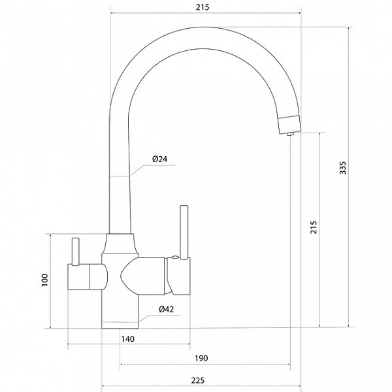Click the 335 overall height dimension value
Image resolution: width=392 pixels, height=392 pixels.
tap(343, 168)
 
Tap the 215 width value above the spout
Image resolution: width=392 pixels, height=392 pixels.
tap(203, 7)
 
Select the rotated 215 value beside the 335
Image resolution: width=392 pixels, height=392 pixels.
tap(314, 227)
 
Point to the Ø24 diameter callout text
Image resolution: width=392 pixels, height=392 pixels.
tap(160, 159)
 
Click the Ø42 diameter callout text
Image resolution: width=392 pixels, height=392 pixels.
tap(166, 309)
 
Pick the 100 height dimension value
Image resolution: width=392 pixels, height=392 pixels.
tap(44, 280)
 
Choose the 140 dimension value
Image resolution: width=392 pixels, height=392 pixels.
tap(128, 339)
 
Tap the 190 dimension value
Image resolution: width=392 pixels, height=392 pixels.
tap(201, 358)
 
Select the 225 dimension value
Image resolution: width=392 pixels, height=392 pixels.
tap(198, 380)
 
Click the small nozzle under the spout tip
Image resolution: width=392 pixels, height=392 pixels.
tap(290, 134)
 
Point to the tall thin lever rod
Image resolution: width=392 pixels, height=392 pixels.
tap(184, 233)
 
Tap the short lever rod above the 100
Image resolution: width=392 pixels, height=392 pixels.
tap(75, 252)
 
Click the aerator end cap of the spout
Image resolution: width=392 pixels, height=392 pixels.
tap(290, 124)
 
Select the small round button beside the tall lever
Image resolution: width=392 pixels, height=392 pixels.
tap(174, 257)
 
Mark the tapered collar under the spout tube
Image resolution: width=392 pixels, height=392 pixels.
tap(120, 244)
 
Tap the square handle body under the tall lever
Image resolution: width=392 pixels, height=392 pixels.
tap(178, 277)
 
